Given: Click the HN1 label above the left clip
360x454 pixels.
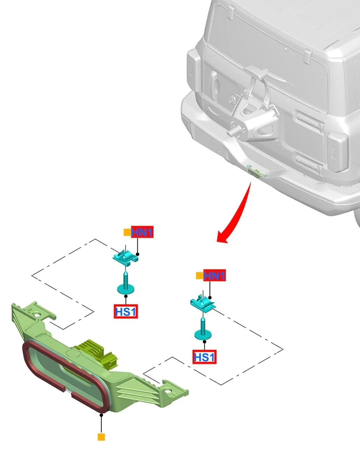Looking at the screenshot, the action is pyautogui.click(x=142, y=232).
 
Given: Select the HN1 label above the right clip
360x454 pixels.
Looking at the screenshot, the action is pyautogui.click(x=214, y=275).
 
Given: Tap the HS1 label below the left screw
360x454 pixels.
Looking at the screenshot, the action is pyautogui.click(x=126, y=311).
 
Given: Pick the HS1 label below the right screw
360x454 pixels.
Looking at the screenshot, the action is pyautogui.click(x=204, y=357).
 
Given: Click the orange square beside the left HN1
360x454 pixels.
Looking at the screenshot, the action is pyautogui.click(x=127, y=232).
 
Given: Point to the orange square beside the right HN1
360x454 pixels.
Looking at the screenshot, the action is pyautogui.click(x=199, y=276).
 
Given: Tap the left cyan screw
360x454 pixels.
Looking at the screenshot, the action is pyautogui.click(x=126, y=283).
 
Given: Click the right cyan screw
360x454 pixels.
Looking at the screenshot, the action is pyautogui.click(x=203, y=329).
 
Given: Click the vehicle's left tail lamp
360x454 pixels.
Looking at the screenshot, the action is pyautogui.click(x=193, y=71).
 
